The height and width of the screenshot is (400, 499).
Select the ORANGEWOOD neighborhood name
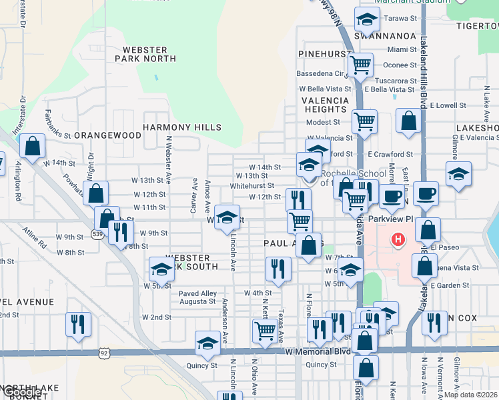(x=107, y=135)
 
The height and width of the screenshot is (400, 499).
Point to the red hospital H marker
(x=398, y=239)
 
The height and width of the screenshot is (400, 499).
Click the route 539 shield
(x=97, y=235)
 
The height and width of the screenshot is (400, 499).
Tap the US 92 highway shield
(x=103, y=351)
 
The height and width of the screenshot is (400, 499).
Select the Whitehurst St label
(x=252, y=186)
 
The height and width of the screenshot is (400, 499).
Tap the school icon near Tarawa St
(x=366, y=22)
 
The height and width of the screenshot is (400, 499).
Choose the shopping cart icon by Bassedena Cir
(x=360, y=65)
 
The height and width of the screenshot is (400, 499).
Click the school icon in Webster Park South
(x=161, y=269)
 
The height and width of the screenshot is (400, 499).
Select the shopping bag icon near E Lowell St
(x=408, y=120)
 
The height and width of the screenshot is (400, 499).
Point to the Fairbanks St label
(x=57, y=125)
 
